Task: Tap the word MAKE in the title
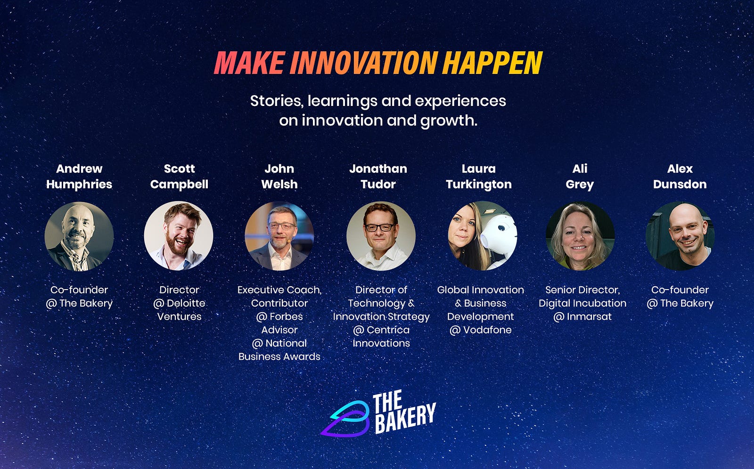coord(249,63)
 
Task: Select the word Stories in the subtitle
coord(276,101)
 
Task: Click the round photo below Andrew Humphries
coord(79,236)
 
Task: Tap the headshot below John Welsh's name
coord(279,236)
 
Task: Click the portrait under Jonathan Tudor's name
coord(381,236)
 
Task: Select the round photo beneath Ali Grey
coord(580,236)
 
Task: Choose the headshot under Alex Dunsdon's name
coord(680,236)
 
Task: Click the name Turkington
coord(479,185)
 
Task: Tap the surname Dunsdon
coord(680,185)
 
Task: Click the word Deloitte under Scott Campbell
coord(186,303)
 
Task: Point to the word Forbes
coord(286,316)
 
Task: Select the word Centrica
coord(388,330)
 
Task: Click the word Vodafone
coord(487,330)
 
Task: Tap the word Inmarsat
coord(589,316)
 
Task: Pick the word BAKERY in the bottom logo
coord(405,418)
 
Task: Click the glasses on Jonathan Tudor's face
coord(380,227)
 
